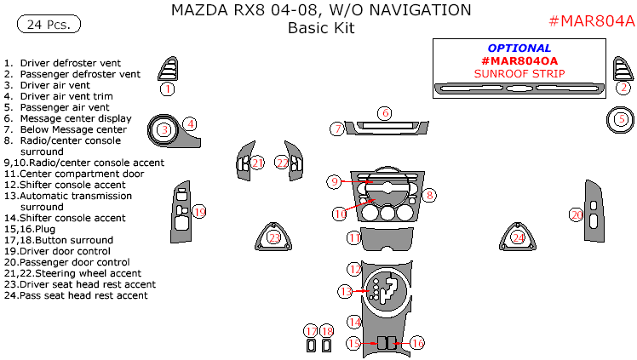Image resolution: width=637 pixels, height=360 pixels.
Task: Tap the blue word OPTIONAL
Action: [x=519, y=49]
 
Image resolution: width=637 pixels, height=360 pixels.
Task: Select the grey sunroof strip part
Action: [x=519, y=88]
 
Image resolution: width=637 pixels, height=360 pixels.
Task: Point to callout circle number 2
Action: [x=623, y=87]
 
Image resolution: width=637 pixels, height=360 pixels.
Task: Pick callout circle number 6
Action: [x=385, y=113]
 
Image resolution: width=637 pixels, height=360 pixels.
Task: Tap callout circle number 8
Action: [x=430, y=195]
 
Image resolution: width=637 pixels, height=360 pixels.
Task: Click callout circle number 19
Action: [x=199, y=211]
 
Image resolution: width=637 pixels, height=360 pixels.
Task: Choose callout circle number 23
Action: [x=274, y=237]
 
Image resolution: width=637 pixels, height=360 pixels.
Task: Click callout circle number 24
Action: [x=518, y=238]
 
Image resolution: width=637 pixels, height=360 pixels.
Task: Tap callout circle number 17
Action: [x=311, y=330]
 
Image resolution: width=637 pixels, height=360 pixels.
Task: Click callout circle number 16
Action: [x=417, y=343]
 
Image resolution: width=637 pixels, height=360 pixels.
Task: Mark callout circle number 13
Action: [x=345, y=291]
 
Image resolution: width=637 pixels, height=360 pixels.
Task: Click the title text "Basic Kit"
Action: [x=320, y=28]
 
